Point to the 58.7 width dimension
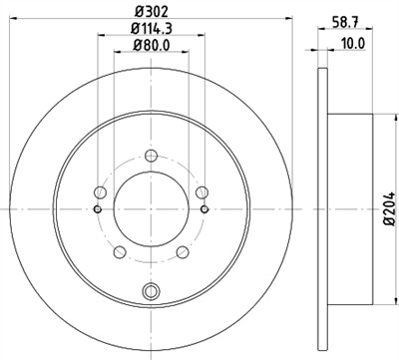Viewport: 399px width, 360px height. (x=344, y=13)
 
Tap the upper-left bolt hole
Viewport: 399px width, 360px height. (x=100, y=192)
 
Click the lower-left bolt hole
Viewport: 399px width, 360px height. (x=119, y=251)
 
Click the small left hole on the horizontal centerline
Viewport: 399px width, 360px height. (x=96, y=209)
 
